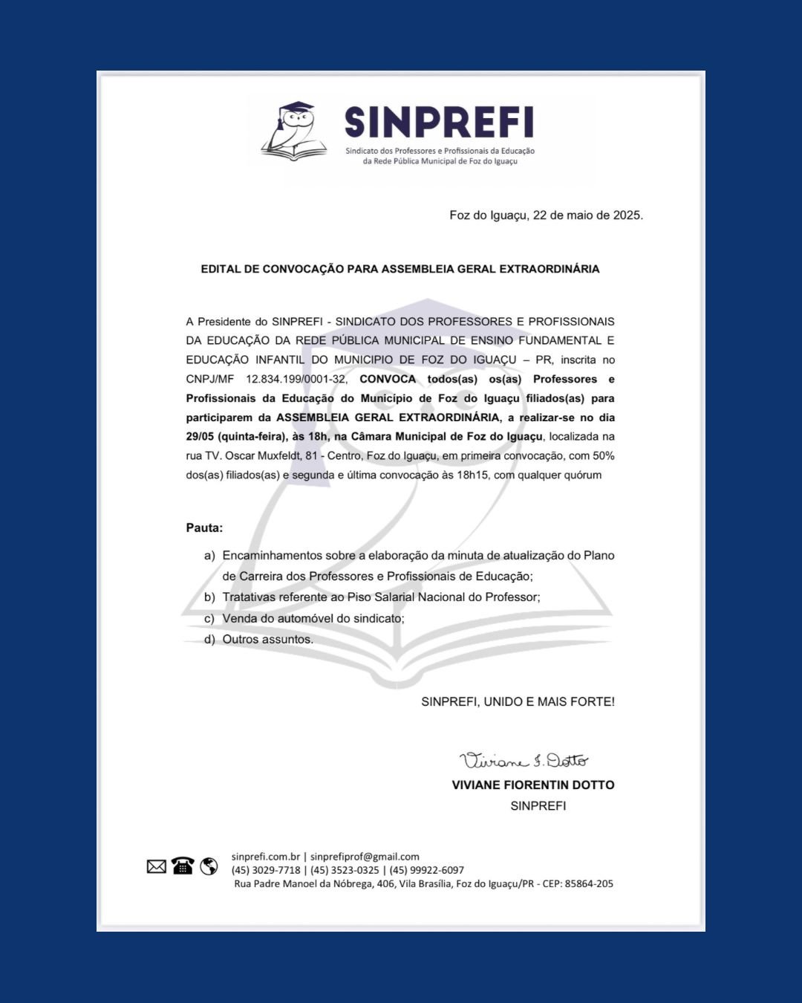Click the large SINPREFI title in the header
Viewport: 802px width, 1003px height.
(439, 122)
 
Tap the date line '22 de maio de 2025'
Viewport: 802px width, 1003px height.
(587, 215)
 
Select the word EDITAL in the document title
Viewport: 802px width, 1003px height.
(221, 269)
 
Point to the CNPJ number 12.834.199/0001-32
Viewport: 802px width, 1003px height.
(296, 379)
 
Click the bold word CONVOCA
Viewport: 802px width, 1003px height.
(388, 379)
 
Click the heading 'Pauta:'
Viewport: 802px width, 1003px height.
(204, 528)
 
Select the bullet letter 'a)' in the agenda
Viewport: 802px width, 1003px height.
(209, 556)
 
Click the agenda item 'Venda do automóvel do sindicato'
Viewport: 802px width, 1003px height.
(313, 618)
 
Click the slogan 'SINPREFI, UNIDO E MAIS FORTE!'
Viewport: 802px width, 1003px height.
(518, 701)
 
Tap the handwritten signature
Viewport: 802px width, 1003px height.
(524, 760)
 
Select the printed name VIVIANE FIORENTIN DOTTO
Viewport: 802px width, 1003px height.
(532, 785)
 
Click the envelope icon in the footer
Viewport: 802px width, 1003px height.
(157, 866)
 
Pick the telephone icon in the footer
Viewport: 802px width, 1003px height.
(183, 866)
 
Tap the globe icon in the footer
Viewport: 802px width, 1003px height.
(209, 866)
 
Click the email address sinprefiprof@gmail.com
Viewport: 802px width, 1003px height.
(365, 857)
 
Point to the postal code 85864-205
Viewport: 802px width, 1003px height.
(589, 883)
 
